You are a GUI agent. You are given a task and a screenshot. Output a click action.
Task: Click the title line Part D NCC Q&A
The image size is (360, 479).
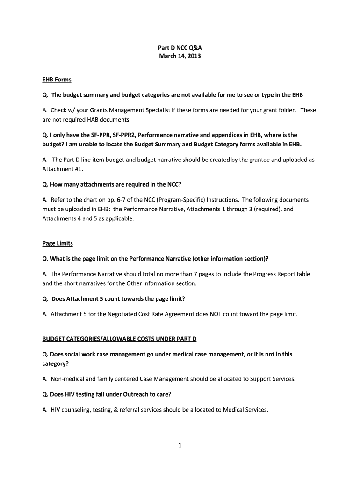(x=180, y=48)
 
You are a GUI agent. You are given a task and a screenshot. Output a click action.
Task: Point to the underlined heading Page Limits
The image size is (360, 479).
(x=58, y=243)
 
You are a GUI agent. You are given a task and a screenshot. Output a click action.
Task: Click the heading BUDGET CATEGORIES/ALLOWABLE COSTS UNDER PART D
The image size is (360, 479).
(x=123, y=338)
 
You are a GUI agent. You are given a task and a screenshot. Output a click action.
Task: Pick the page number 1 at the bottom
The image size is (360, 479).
(x=180, y=445)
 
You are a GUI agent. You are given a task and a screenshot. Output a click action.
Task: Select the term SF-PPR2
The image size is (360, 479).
(x=124, y=135)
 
